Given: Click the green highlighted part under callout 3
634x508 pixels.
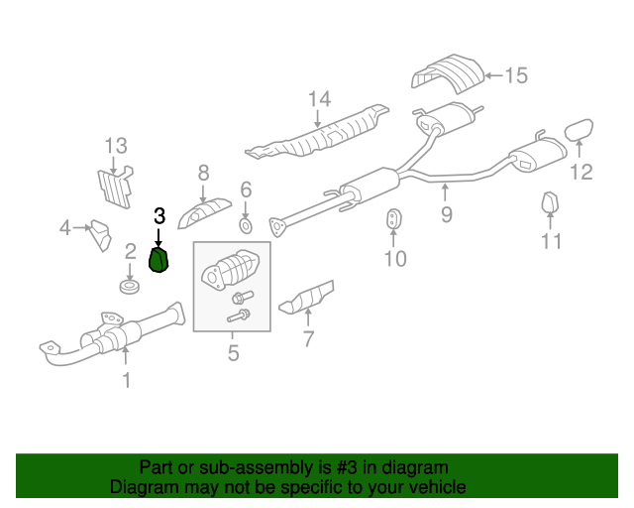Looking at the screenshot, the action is pyautogui.click(x=159, y=260).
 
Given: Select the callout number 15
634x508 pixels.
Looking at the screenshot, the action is pyautogui.click(x=516, y=75).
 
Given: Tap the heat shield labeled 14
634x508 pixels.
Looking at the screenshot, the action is pyautogui.click(x=317, y=134).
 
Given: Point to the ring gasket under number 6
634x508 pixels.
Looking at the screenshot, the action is pyautogui.click(x=246, y=226).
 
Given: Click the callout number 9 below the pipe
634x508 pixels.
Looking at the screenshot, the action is pyautogui.click(x=447, y=214).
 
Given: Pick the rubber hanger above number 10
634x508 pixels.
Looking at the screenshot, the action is pyautogui.click(x=393, y=218).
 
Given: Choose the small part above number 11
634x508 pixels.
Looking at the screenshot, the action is pyautogui.click(x=550, y=202).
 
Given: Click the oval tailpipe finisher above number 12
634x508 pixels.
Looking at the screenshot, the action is pyautogui.click(x=579, y=130).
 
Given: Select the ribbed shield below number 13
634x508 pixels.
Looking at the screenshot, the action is pyautogui.click(x=116, y=187).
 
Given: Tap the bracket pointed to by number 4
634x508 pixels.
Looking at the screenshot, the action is pyautogui.click(x=100, y=235).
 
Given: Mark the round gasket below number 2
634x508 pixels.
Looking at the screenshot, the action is pyautogui.click(x=130, y=286).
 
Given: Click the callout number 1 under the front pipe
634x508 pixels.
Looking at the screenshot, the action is pyautogui.click(x=127, y=380).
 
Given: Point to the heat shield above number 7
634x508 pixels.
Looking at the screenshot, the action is pyautogui.click(x=307, y=298).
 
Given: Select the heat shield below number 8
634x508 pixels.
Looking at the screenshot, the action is pyautogui.click(x=205, y=213).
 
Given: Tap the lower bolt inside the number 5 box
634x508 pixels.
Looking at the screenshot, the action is pyautogui.click(x=239, y=316).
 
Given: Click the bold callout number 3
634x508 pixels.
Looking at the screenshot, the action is pyautogui.click(x=159, y=216).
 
